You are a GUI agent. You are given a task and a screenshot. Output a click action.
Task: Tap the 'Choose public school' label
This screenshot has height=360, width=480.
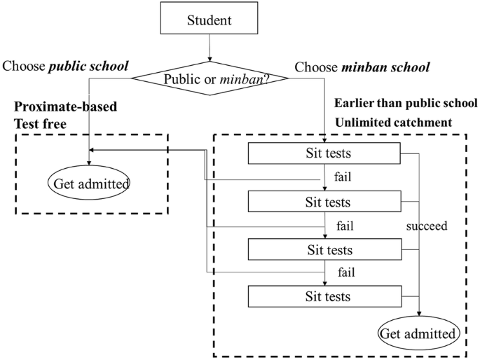[67, 67]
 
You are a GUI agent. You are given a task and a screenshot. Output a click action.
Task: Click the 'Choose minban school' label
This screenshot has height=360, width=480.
[362, 67]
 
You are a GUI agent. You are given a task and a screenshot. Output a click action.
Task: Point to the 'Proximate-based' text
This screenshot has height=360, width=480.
[66, 107]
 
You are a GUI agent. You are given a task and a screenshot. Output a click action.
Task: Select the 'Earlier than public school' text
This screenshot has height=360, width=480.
[405, 103]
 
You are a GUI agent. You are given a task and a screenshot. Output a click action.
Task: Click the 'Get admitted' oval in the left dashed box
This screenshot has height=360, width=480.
[90, 184]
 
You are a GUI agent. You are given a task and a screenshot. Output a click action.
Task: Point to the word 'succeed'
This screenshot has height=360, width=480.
[427, 226]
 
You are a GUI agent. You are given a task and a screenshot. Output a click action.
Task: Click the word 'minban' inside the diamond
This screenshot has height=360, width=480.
[234, 78]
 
